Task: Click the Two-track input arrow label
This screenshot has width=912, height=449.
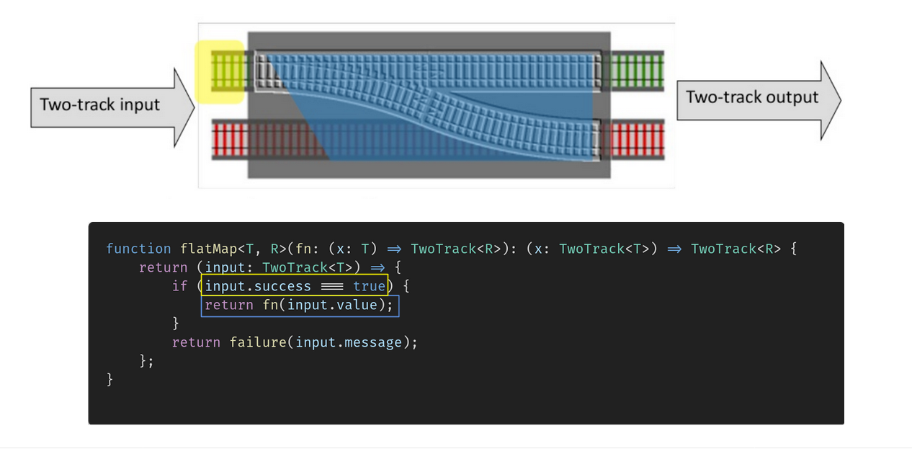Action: pos(99,105)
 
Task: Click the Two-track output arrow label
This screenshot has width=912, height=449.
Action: pos(751,97)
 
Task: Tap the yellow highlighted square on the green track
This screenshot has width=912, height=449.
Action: pos(220,71)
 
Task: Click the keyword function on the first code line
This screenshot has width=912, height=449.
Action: pos(138,249)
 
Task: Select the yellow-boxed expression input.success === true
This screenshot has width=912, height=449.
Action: pos(295,286)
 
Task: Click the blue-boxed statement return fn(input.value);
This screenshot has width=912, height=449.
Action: pos(300,305)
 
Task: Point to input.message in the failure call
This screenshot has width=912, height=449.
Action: pos(353,342)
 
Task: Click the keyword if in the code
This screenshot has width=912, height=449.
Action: pos(179,286)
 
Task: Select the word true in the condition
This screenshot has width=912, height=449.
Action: pos(369,286)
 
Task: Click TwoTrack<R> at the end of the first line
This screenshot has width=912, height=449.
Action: pos(735,249)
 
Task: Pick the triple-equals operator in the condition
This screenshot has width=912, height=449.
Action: pos(332,286)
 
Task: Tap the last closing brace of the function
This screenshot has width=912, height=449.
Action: pos(109,379)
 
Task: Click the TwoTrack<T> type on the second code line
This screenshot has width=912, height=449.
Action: pos(303,267)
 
